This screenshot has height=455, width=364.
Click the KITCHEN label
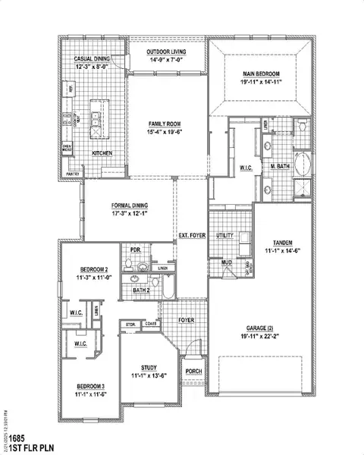coord(102,153)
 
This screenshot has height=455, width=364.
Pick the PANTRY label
coord(73,174)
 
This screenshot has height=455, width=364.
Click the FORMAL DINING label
coord(130,206)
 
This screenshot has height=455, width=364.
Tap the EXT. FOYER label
coord(192,236)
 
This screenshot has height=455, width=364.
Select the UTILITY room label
coord(225,236)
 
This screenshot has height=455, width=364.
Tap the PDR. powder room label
coord(136,249)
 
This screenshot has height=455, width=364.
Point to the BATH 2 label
coord(140,290)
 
